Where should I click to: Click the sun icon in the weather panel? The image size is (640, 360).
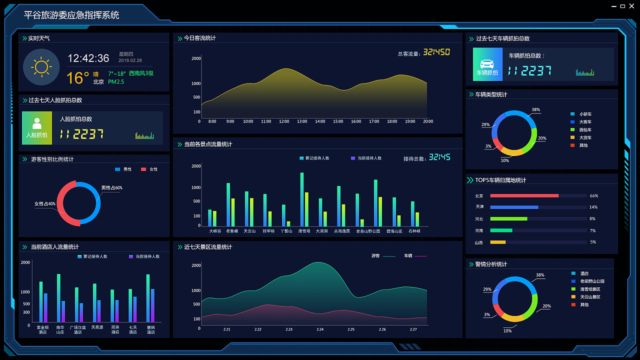tap(41, 67)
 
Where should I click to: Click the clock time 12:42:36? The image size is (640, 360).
tap(88, 58)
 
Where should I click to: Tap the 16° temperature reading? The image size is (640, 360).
tap(78, 77)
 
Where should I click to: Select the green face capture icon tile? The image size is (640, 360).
tap(37, 127)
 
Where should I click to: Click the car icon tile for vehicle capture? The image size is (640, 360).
tap(487, 64)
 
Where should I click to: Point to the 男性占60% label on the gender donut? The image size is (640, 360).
tap(111, 188)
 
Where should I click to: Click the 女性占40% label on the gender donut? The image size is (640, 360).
tap(45, 203)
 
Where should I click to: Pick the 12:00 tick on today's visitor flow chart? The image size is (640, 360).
tap(284, 121)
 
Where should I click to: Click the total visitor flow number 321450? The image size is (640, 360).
tap(436, 52)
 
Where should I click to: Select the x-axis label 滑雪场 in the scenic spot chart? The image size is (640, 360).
tap(304, 231)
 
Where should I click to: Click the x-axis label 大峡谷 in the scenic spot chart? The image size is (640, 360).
tap(215, 231)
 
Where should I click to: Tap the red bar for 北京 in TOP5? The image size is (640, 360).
tap(524, 195)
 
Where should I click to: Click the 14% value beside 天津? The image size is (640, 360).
tap(593, 207)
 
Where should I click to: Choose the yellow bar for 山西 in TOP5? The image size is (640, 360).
tap(498, 242)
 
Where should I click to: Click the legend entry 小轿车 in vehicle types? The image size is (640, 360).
tap(585, 114)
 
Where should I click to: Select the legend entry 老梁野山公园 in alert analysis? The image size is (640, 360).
tap(592, 281)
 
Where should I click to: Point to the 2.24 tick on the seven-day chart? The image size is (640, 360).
tap(320, 329)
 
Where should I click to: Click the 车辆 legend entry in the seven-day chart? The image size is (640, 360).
tap(408, 256)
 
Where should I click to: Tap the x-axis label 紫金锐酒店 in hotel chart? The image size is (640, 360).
tap(42, 329)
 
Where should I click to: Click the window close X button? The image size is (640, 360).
tap(631, 6)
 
